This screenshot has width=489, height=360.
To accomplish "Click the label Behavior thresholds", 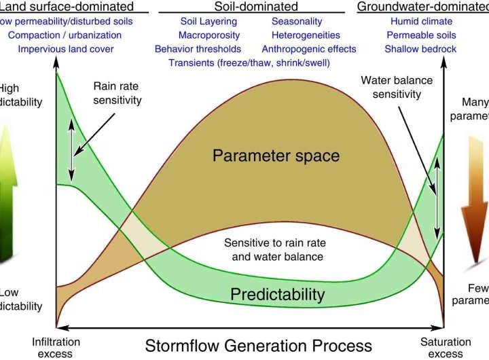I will (198, 49).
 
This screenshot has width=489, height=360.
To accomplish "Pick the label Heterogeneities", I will (301, 35).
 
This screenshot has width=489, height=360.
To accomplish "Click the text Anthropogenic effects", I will (310, 49).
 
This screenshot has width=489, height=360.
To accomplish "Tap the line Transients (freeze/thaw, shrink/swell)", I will (255, 62).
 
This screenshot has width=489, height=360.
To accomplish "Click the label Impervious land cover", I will (66, 49).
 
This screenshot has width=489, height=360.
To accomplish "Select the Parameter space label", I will (276, 156).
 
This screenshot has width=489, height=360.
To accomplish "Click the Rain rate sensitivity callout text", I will (118, 94).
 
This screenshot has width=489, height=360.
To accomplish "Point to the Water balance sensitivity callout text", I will (397, 87).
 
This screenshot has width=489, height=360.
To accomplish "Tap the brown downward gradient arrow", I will (478, 197).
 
